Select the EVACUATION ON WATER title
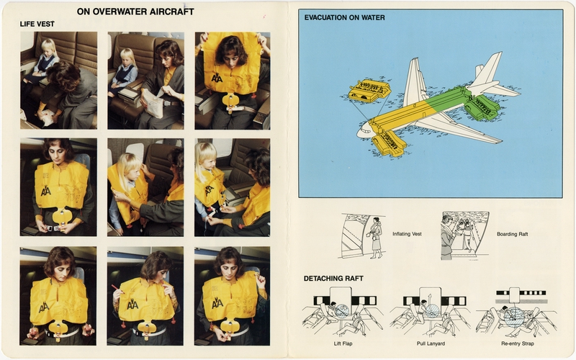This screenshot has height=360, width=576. (x=344, y=17)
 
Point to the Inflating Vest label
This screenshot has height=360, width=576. (x=408, y=234)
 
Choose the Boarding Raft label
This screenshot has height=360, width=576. (x=512, y=234)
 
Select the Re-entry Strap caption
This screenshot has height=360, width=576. (x=516, y=344)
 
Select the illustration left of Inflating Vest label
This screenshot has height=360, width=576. (x=364, y=235)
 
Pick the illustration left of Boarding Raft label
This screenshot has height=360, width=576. (x=464, y=235)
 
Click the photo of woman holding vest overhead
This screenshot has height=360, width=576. (x=232, y=80)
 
